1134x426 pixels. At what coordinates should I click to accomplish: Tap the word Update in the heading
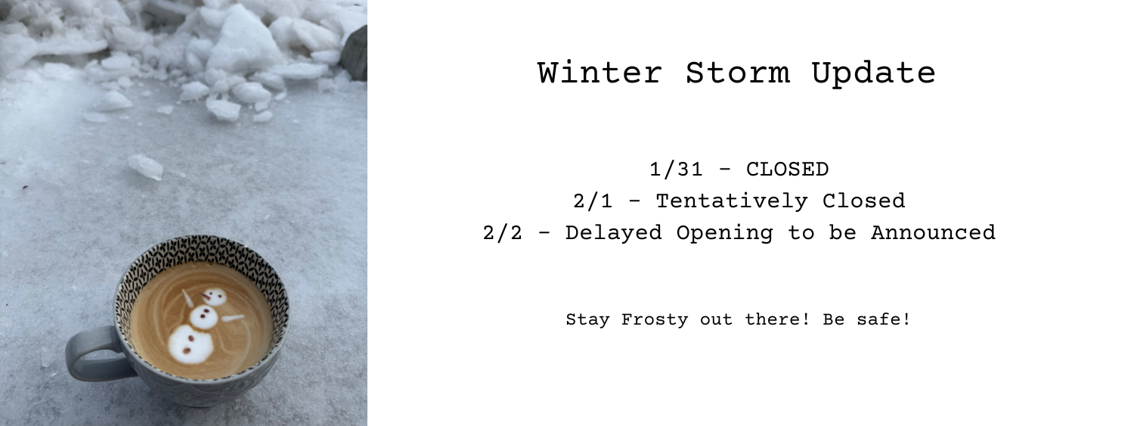[873, 73]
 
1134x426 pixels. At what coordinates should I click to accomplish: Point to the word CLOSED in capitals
[787, 169]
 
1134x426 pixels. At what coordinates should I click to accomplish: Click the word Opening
[724, 232]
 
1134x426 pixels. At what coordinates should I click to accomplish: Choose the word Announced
[933, 232]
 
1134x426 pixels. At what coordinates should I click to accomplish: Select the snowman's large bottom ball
[189, 344]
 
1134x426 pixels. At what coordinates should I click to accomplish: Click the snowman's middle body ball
[203, 317]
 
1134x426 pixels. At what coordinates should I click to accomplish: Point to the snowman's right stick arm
[233, 318]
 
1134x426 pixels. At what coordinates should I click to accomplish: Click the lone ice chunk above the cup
[146, 166]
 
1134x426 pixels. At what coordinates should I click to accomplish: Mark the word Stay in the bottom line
[588, 319]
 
